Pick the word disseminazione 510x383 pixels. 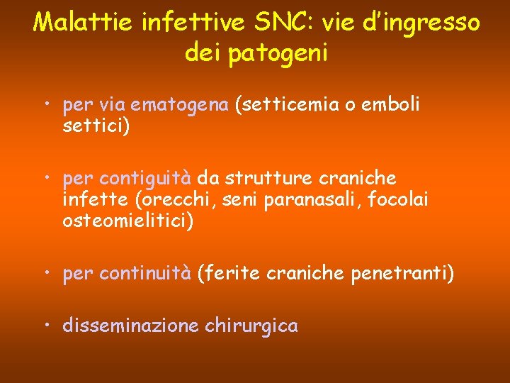(x=131, y=326)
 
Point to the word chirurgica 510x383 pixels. (x=251, y=326)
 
